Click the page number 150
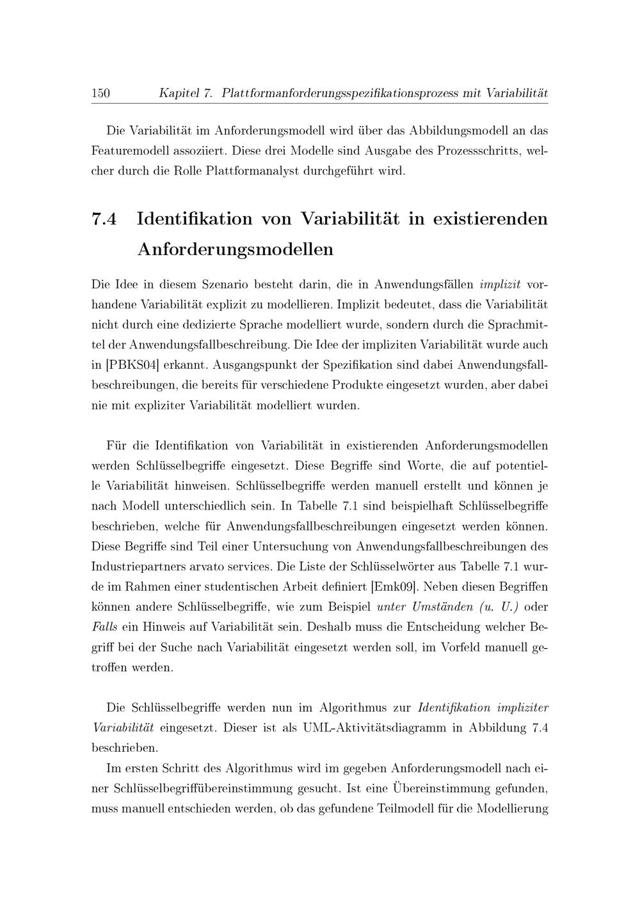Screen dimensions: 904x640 pyautogui.click(x=100, y=93)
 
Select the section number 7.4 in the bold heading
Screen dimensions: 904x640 pyautogui.click(x=105, y=219)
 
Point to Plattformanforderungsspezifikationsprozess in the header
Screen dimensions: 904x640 pyautogui.click(x=340, y=93)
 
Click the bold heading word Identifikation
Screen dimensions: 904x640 pyautogui.click(x=195, y=219)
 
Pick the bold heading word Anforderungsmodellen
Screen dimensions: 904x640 pyautogui.click(x=236, y=249)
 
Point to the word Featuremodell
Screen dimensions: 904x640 pyautogui.click(x=128, y=152)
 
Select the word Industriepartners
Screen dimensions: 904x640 pyautogui.click(x=140, y=566)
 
